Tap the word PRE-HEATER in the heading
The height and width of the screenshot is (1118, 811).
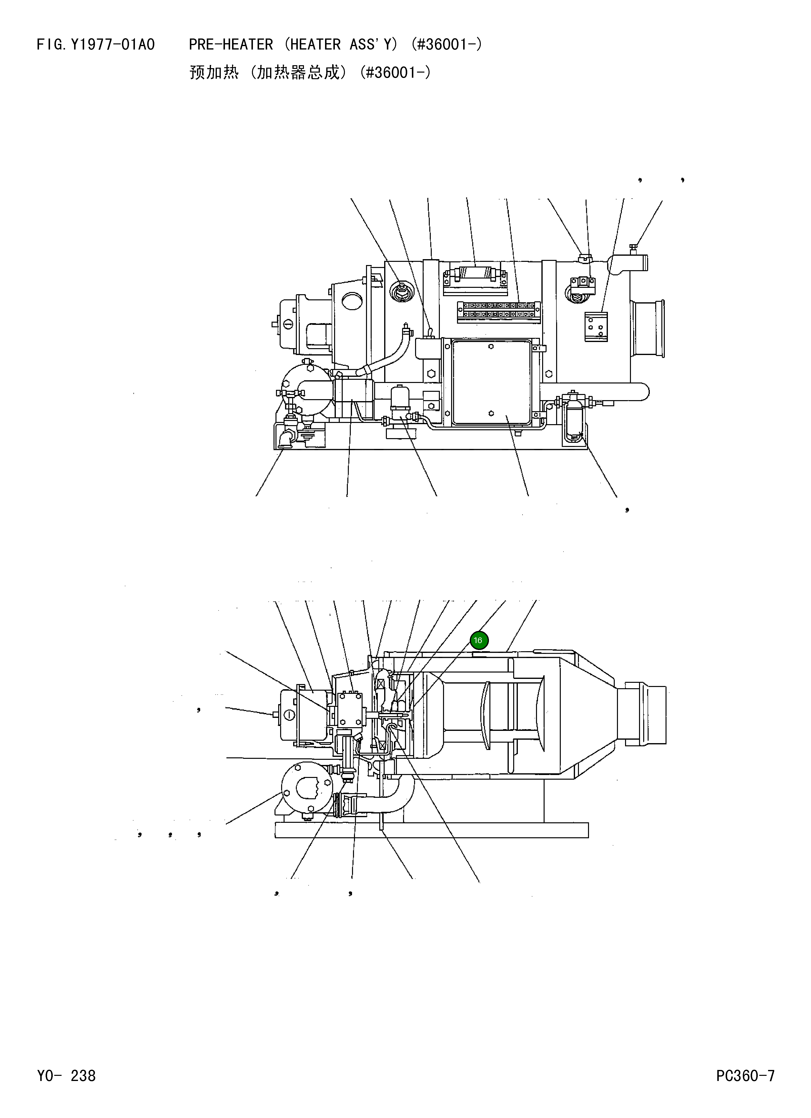point(230,45)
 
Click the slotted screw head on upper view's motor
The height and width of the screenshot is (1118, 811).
point(288,324)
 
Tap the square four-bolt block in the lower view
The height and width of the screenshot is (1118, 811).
point(351,710)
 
